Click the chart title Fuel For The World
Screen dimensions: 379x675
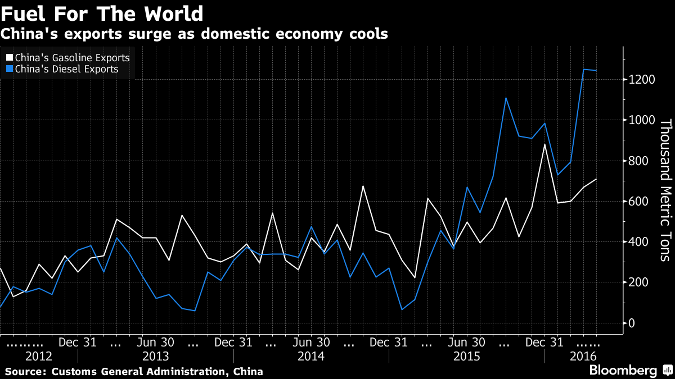tap(102, 13)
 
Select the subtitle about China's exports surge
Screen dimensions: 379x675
tap(194, 34)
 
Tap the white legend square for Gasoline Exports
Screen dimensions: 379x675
tap(8, 58)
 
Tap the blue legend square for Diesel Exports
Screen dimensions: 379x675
tap(8, 70)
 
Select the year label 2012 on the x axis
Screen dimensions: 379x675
tap(39, 357)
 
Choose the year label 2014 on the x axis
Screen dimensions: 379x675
tap(310, 357)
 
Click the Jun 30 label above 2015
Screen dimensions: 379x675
tap(466, 342)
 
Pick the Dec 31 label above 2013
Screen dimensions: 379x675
tap(78, 342)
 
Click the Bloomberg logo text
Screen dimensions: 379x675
tap(623, 371)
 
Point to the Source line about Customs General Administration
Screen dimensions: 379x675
tap(134, 372)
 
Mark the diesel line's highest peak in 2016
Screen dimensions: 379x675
tap(583, 70)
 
